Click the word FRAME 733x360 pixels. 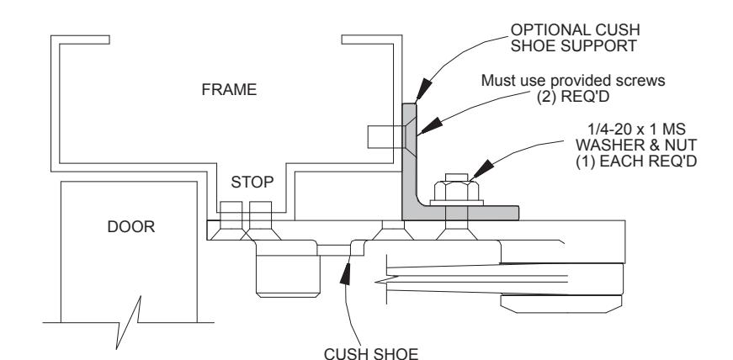(x=229, y=89)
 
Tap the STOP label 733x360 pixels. (x=252, y=182)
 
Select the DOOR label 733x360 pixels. (x=131, y=227)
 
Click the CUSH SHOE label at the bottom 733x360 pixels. (x=371, y=353)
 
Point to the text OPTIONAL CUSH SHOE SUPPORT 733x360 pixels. (x=575, y=37)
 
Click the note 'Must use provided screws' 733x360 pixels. (x=573, y=81)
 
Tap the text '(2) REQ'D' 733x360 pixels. (x=573, y=97)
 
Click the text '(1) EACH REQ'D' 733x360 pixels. (x=636, y=161)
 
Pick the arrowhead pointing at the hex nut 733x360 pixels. (x=482, y=169)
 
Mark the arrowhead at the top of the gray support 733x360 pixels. (x=423, y=89)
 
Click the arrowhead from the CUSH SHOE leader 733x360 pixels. (x=345, y=274)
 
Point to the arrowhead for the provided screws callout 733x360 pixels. (x=430, y=126)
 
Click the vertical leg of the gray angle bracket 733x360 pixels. (x=409, y=154)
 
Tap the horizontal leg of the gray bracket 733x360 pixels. (x=467, y=213)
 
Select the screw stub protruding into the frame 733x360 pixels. (x=385, y=137)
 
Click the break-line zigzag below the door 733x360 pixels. (x=128, y=323)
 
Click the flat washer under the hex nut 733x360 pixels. (x=457, y=203)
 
